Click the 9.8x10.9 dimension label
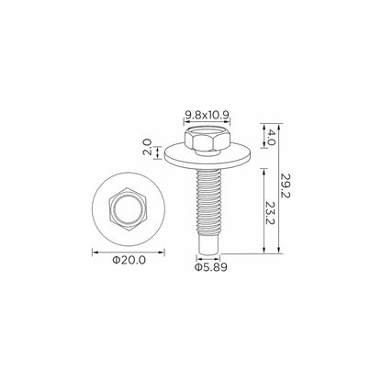tap(208, 115)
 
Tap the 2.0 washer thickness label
tap(147, 147)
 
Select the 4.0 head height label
tap(272, 137)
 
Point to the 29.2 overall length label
tap(286, 185)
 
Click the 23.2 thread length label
tap(270, 213)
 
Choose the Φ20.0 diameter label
tap(129, 260)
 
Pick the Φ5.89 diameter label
tap(211, 267)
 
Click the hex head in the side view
tap(208, 140)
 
